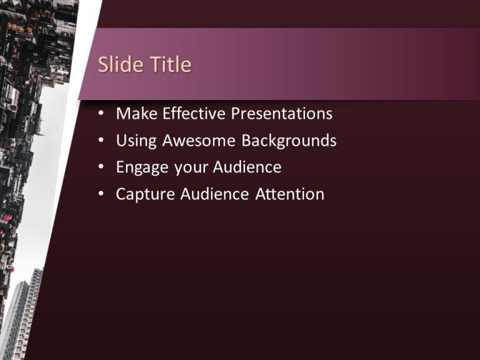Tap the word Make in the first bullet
137,114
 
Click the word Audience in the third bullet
247,167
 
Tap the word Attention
290,194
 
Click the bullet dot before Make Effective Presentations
102,114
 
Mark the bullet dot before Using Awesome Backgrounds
102,141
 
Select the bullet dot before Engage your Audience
102,168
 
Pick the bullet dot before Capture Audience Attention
102,195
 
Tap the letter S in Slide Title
104,64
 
